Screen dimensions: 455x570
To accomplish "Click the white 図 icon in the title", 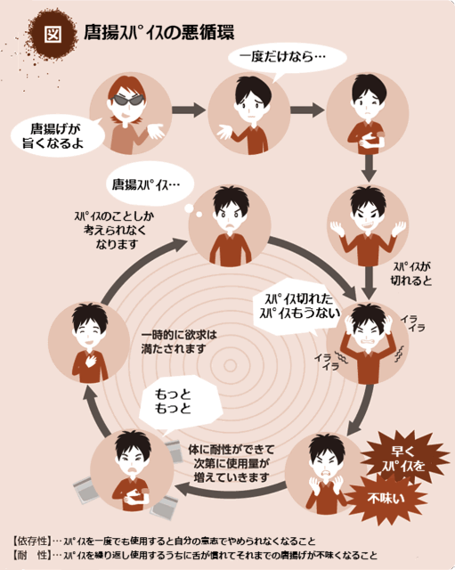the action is point(53,34).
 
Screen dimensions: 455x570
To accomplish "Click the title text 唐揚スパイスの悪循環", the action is point(158,32).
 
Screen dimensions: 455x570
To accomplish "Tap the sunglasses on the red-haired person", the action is point(126,100).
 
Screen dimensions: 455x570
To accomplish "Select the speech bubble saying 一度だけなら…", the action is point(287,58).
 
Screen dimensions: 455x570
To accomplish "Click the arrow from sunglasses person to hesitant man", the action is point(189,110).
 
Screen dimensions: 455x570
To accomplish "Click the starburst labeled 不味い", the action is point(386,499).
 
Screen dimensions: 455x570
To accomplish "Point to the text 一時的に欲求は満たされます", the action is point(178,342).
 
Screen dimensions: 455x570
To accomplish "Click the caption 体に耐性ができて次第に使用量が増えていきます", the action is point(231,463).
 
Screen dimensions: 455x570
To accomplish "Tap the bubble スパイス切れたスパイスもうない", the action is point(298,306).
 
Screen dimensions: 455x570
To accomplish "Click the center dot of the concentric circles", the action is point(230,365).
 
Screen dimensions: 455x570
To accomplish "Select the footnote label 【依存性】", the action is point(30,541).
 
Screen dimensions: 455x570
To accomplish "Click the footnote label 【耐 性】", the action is point(30,555).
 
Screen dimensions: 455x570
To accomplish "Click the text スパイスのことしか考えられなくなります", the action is point(114,230).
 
